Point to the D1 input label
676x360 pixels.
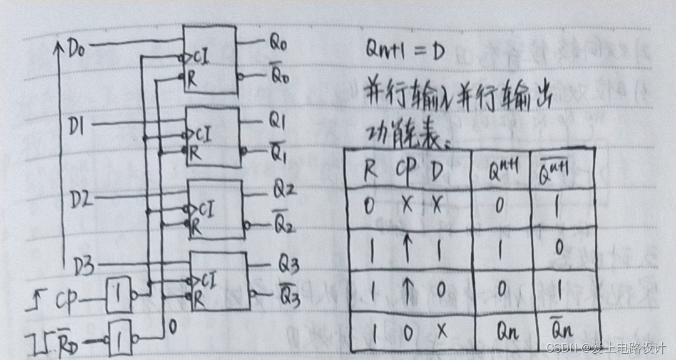(79, 127)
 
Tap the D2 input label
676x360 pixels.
(81, 200)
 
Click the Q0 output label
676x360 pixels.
(279, 43)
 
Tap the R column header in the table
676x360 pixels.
(371, 169)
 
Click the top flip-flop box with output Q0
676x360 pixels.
(209, 59)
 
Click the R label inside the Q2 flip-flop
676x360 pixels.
(197, 228)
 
